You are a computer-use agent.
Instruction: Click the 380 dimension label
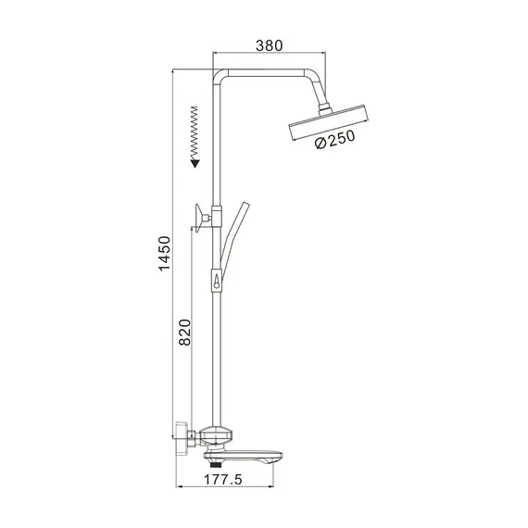click(268, 44)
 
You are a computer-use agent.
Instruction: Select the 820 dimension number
click(185, 333)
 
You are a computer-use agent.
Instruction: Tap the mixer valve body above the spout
click(219, 433)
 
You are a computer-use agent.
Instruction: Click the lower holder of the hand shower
click(217, 278)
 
